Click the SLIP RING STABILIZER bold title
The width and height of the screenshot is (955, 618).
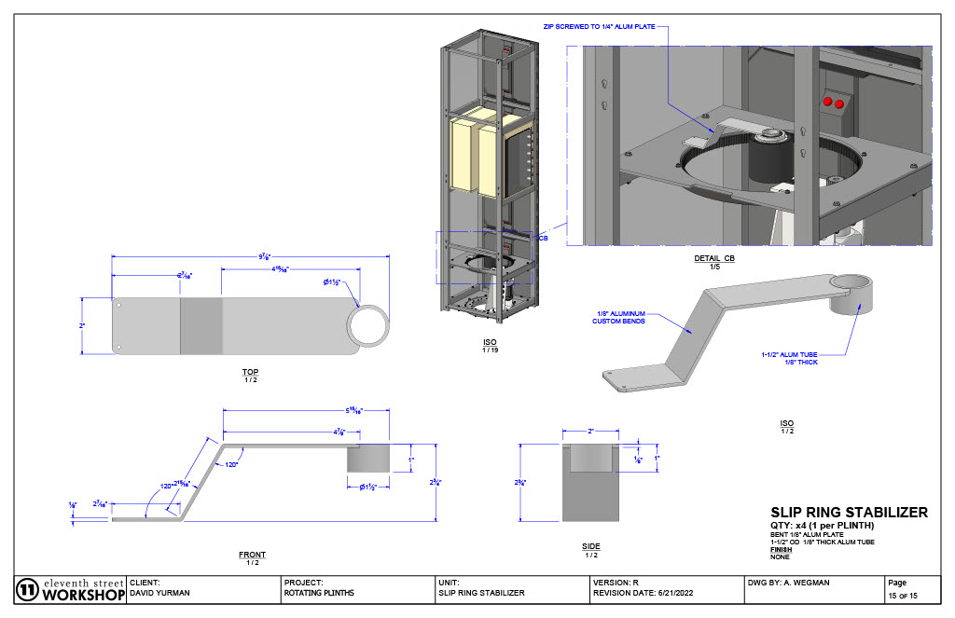pos(848,513)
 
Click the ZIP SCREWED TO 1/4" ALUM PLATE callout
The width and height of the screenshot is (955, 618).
pos(607,27)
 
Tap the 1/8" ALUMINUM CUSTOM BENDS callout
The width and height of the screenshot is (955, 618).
pos(619,318)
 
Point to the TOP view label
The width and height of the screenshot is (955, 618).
pos(251,372)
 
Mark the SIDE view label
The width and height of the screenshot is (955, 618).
pos(591,546)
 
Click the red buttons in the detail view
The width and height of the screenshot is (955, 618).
pos(832,102)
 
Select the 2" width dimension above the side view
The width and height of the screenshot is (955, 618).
pos(591,432)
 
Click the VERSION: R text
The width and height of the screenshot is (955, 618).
pos(616,582)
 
